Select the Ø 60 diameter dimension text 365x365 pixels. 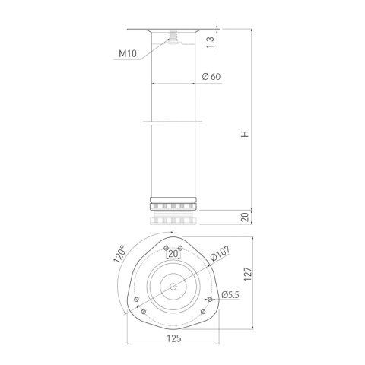212,77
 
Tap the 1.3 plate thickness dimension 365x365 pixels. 211,40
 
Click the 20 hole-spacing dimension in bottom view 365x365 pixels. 173,255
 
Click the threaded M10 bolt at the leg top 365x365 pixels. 173,37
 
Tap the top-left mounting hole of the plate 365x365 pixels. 165,248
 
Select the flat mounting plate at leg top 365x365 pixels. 173,30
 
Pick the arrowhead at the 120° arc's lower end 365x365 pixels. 123,313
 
